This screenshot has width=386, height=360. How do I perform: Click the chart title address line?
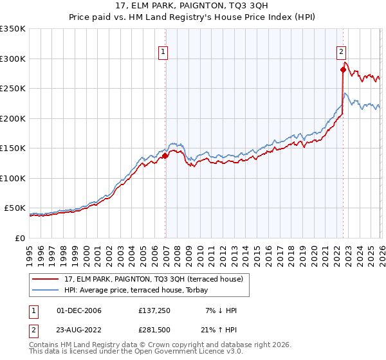coord(193,6)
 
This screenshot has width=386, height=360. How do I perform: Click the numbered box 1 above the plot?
coord(164,53)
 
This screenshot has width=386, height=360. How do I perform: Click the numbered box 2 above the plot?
coord(341,53)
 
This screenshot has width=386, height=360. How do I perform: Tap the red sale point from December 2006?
coord(165,156)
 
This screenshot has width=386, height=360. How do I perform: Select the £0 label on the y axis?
coord(19,239)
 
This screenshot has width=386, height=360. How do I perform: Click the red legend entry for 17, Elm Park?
coord(152,279)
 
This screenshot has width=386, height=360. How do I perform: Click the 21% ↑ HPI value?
coord(222,330)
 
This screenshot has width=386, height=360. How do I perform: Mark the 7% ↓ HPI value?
coord(222,310)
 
